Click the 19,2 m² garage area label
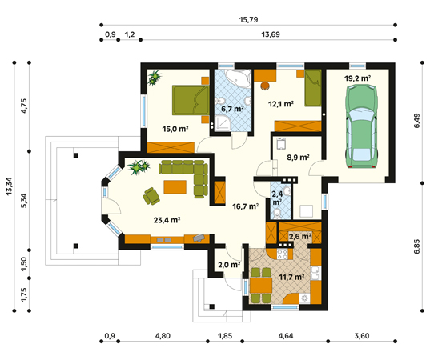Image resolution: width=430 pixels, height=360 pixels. tap(358, 78)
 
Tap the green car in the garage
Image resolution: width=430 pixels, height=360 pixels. tap(362, 126)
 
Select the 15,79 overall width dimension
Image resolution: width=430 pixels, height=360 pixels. tap(248, 20)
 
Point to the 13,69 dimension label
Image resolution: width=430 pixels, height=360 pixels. tap(271, 34)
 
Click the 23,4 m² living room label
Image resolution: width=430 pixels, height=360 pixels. tap(167, 220)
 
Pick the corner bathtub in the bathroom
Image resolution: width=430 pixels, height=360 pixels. tap(239, 78)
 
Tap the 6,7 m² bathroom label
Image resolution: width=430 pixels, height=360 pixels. tap(232, 109)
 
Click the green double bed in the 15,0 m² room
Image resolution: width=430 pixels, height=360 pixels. tap(191, 100)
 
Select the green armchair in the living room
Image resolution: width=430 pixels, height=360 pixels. tap(151, 196)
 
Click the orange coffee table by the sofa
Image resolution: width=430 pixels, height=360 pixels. tap(175, 187)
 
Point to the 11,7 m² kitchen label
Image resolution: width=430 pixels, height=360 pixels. tap(291, 277)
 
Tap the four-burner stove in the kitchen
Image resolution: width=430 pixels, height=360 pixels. tap(283, 254)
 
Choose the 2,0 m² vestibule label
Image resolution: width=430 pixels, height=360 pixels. tap(229, 265)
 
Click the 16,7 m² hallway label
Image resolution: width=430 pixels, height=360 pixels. tap(246, 206)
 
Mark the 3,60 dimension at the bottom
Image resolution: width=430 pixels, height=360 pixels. tap(362, 336)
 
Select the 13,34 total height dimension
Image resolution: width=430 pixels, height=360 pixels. tap(9, 186)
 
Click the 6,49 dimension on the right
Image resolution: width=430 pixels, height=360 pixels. tap(416, 121)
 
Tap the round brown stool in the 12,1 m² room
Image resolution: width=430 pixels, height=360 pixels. tap(265, 86)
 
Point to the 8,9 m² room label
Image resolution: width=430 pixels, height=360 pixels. tap(298, 158)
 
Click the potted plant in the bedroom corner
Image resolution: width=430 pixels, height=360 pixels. tap(154, 78)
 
